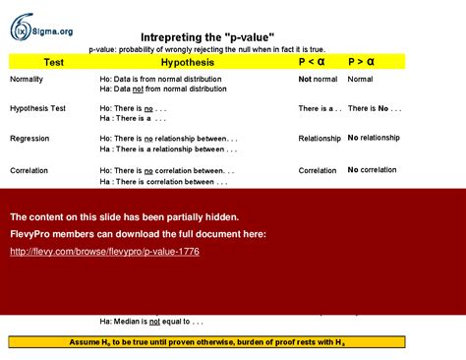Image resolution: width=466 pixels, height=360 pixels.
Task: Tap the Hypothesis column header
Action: coord(187,62)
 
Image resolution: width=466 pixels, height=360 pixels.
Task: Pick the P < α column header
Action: coord(312,62)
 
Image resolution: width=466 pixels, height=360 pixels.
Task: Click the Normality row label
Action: coord(27,79)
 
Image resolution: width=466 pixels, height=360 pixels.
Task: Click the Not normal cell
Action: coord(319,79)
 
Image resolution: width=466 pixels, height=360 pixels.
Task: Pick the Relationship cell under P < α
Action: coord(320,139)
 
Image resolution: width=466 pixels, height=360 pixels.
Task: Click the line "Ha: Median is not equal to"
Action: coord(151,322)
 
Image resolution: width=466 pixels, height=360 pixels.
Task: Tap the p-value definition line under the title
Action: coord(206,49)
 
